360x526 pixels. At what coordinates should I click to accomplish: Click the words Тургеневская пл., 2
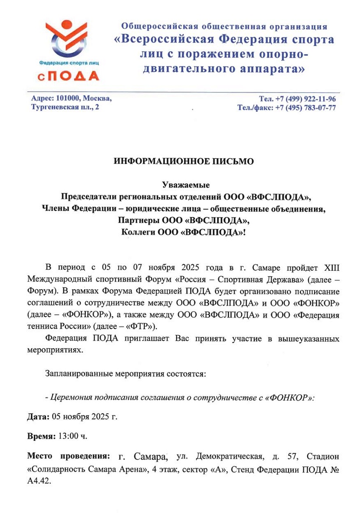[65, 107]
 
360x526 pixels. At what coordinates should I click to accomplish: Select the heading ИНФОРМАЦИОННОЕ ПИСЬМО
[184, 161]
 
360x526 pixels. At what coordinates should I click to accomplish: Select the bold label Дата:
[39, 416]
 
